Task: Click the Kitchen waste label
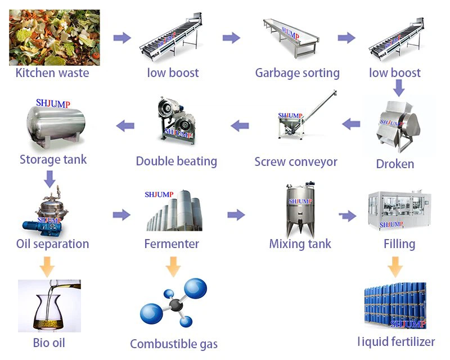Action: pyautogui.click(x=52, y=73)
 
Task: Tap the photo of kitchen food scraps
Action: pyautogui.click(x=54, y=37)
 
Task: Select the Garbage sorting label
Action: pyautogui.click(x=297, y=73)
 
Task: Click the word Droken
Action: pyautogui.click(x=395, y=164)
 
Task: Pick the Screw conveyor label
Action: pyautogui.click(x=296, y=161)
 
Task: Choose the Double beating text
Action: pyautogui.click(x=176, y=161)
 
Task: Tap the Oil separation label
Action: pyautogui.click(x=52, y=244)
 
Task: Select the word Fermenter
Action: pyautogui.click(x=172, y=244)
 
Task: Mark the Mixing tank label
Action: pyautogui.click(x=300, y=244)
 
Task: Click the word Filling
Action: pyautogui.click(x=399, y=244)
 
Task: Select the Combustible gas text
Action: pyautogui.click(x=174, y=344)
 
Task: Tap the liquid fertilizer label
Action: pyautogui.click(x=396, y=341)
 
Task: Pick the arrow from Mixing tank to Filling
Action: pyautogui.click(x=348, y=215)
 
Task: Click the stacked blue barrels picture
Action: pyautogui.click(x=395, y=307)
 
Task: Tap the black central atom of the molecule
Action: pyautogui.click(x=176, y=305)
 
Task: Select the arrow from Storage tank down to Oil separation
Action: pyautogui.click(x=49, y=178)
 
